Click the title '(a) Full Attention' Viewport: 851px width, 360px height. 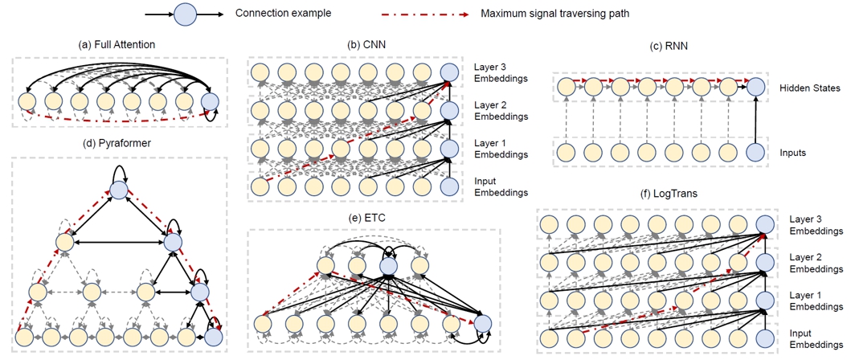pos(117,44)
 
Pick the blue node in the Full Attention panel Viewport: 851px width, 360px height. pos(210,102)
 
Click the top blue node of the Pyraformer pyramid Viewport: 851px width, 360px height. pos(118,190)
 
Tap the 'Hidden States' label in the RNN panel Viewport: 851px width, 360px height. pos(809,88)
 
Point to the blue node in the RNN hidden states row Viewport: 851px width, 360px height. pos(755,88)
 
